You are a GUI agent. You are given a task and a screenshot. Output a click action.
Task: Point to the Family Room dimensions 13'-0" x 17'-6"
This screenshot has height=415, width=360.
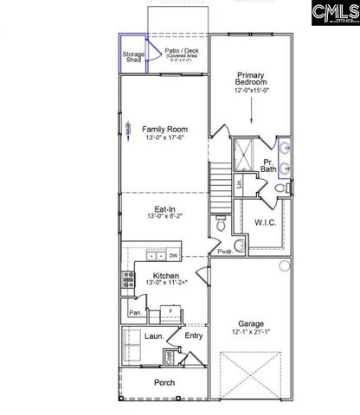(x=164, y=137)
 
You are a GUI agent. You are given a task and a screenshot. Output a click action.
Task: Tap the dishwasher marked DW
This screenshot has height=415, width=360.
(x=173, y=256)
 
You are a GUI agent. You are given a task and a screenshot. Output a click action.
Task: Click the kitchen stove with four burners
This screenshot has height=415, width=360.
(x=128, y=279)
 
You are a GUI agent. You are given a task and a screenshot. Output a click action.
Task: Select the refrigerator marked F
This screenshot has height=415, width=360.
(x=170, y=309)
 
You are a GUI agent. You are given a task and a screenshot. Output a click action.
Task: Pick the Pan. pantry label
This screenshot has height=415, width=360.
(x=135, y=312)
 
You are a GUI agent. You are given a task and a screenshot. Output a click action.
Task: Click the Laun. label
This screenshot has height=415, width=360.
(x=156, y=336)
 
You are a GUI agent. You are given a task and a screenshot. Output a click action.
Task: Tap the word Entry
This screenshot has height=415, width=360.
(x=194, y=336)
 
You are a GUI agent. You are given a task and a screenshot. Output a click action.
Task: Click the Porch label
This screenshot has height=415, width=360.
(x=164, y=382)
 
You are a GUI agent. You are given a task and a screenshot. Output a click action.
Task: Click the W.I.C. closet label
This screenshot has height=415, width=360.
(x=265, y=223)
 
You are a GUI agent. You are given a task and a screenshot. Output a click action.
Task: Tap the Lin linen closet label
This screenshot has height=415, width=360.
(x=239, y=184)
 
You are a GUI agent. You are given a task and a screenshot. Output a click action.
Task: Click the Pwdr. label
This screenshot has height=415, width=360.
(x=224, y=251)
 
